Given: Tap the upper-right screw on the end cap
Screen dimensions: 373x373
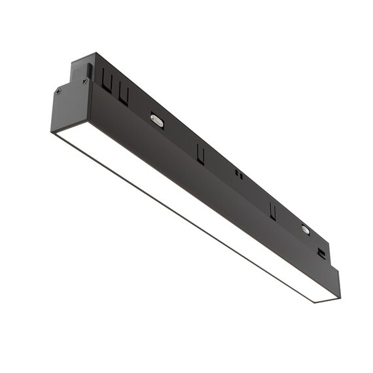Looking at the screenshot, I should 84,80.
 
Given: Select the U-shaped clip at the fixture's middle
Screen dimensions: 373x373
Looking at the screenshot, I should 200,154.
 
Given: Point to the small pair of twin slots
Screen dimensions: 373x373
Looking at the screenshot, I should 239,175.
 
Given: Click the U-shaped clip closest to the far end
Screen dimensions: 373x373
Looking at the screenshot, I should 273,210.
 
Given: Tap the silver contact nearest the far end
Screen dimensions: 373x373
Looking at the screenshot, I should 305,229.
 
